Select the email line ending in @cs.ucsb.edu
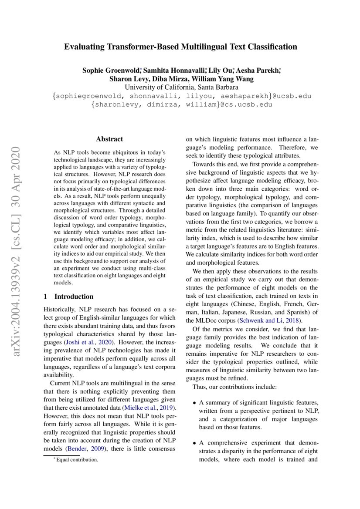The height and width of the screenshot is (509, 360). click(180, 104)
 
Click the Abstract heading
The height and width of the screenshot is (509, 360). click(109, 139)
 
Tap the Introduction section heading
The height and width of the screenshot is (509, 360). click(74, 297)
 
